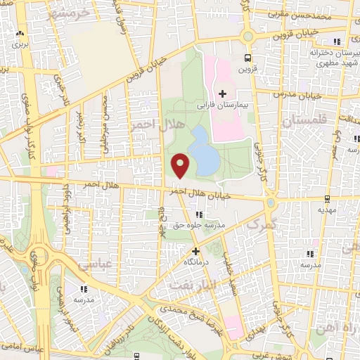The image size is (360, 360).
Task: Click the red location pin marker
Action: [x=181, y=166]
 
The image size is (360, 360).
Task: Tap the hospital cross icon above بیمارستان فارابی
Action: [x=223, y=94]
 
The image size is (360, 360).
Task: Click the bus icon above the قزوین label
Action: [x=247, y=58]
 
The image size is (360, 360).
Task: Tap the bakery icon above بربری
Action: [x=20, y=33]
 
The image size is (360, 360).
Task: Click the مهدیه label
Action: [x=326, y=210]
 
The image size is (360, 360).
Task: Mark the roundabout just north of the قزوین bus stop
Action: [x=247, y=36]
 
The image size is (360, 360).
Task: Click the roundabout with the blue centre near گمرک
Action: [x=271, y=203]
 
